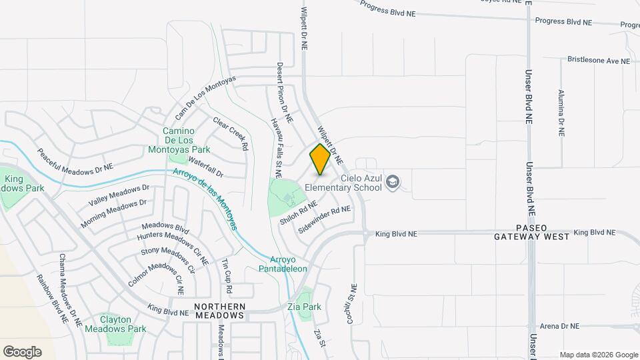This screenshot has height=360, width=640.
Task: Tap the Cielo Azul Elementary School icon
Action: click(393, 182)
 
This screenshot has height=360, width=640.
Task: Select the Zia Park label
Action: click(304, 307)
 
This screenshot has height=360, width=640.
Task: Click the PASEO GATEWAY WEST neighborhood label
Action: click(532, 232)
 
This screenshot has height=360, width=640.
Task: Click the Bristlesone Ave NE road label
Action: click(598, 60)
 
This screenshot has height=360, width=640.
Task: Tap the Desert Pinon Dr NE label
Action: click(285, 93)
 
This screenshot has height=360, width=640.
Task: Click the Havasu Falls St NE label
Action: click(277, 142)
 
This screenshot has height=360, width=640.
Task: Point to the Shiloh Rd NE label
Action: click(299, 213)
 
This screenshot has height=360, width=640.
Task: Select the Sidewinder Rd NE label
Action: click(325, 219)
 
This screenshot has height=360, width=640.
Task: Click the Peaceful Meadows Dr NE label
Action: click(75, 160)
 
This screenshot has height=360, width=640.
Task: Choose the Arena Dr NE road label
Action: click(559, 326)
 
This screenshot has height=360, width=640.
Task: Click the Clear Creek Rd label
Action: click(231, 133)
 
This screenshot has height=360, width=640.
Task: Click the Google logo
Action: click(22, 352)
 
